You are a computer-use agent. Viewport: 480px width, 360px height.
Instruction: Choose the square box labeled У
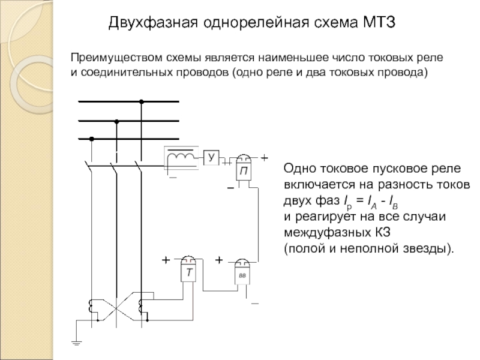pyautogui.click(x=211, y=158)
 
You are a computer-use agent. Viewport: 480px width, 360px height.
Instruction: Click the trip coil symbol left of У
pyautogui.click(x=181, y=157)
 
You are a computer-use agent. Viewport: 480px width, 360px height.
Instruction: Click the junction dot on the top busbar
pyautogui.click(x=142, y=102)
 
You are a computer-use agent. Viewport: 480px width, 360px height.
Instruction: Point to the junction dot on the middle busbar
pyautogui.click(x=116, y=121)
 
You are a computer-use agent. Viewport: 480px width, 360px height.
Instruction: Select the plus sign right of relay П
pyautogui.click(x=263, y=157)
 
